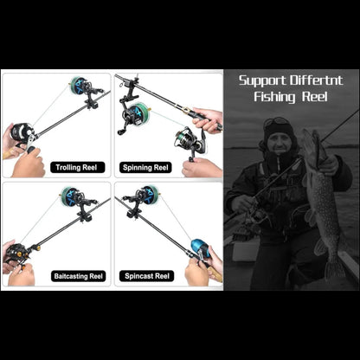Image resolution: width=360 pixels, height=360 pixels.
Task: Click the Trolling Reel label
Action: pos(78,167)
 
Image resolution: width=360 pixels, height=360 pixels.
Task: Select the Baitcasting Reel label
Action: pos(78,276)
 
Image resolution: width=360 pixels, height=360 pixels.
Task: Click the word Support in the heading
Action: pos(264,80)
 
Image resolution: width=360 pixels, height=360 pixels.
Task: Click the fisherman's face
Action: pos(279,138)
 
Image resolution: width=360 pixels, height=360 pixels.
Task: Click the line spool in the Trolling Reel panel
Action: pos(80,86)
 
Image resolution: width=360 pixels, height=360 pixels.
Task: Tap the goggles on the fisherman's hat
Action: pos(276,121)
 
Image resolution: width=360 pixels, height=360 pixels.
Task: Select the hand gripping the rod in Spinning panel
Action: pos(208,119)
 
